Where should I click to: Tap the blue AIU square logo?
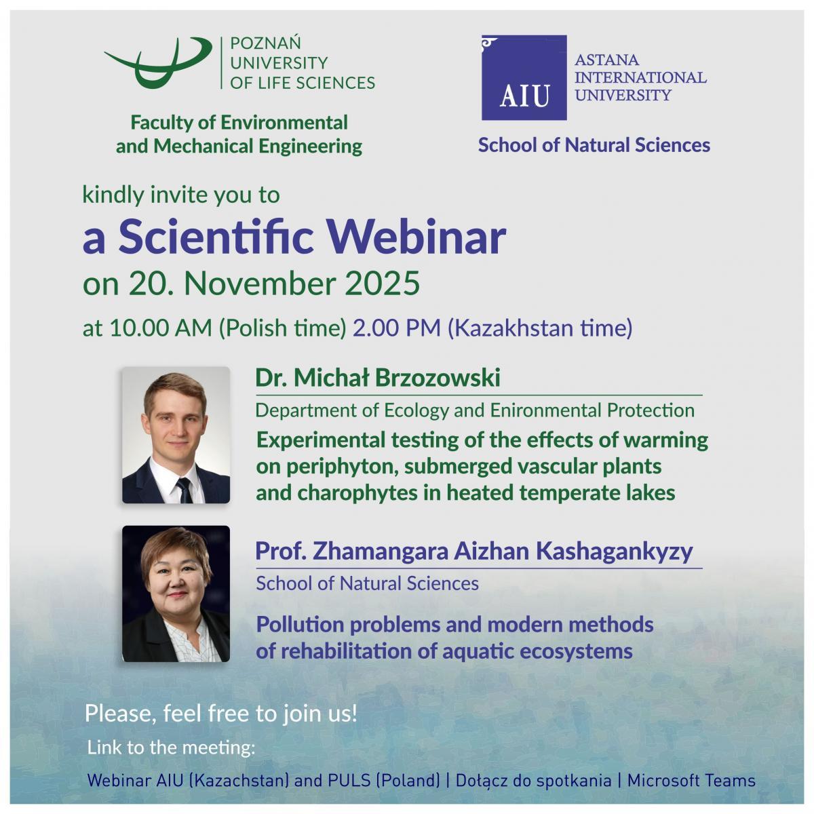click(524, 77)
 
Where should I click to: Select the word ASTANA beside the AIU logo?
click(606, 60)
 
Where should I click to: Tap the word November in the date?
click(260, 283)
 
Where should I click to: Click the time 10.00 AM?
click(161, 328)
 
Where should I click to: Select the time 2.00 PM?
click(397, 328)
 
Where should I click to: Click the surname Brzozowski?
click(438, 377)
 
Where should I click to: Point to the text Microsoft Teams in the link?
click(691, 780)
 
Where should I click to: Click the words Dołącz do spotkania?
click(533, 781)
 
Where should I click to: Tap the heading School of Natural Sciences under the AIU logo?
click(594, 145)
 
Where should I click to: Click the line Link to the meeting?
click(171, 748)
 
